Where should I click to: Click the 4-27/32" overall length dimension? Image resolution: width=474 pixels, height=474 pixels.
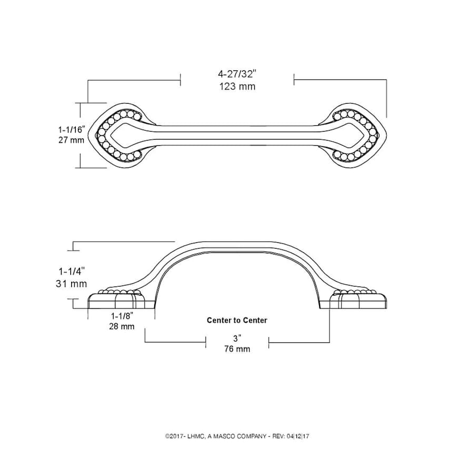pos(237,74)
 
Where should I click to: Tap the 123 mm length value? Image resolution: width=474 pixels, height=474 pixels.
pos(237,86)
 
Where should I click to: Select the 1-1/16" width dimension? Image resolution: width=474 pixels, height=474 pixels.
pos(71,129)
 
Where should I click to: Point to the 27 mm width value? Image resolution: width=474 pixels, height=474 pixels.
pos(71,140)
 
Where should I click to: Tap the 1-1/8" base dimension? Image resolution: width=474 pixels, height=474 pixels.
pos(122,316)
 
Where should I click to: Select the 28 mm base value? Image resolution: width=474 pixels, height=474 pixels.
pos(122,327)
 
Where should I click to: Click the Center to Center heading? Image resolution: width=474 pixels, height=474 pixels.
pos(236,320)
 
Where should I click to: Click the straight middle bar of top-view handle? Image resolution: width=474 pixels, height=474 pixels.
pos(237,133)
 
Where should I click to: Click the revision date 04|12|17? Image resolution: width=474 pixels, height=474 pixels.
pos(302,436)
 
